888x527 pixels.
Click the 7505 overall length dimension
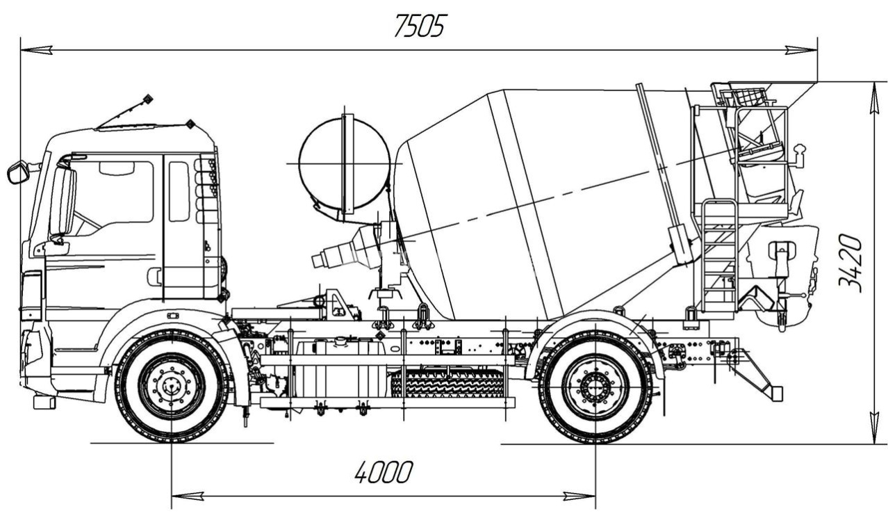tap(419, 26)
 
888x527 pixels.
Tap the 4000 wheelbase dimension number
tap(383, 473)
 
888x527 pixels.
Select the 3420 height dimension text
tap(851, 263)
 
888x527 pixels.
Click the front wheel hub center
tap(171, 386)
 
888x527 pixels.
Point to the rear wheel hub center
tap(595, 386)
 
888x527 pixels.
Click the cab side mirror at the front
tap(17, 172)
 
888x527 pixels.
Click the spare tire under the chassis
tap(447, 383)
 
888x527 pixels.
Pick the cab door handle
tap(154, 277)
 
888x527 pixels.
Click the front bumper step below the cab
tap(44, 401)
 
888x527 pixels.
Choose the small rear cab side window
tap(179, 191)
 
